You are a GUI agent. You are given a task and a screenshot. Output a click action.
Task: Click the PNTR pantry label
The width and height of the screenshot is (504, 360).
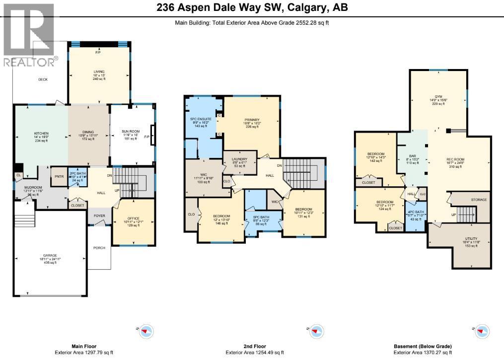point(59,176)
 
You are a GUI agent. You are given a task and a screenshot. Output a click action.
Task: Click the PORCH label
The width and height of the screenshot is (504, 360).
point(99,248)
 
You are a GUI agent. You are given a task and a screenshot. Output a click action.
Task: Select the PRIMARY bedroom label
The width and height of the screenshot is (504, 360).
point(252,120)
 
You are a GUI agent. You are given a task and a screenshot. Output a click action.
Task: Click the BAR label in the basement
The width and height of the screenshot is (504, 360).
point(412,155)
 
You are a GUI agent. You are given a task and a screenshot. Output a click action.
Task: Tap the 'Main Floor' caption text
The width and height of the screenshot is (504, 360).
point(83,346)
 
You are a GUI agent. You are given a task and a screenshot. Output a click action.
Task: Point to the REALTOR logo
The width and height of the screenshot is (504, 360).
point(29,35)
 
